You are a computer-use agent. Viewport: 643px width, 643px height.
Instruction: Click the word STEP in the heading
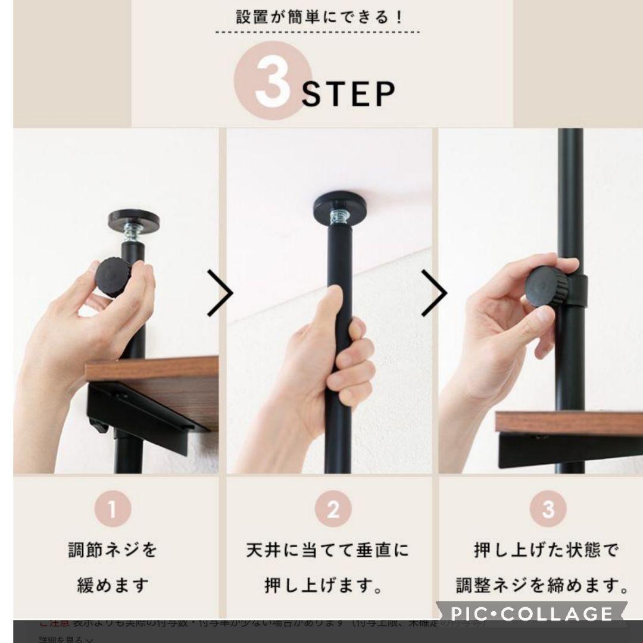coord(348,94)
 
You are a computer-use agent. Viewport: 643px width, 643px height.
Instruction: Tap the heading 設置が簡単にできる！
coord(319,17)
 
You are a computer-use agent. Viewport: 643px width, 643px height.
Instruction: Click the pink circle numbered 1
coord(112,510)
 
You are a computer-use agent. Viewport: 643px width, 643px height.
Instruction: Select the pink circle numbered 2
coord(333,510)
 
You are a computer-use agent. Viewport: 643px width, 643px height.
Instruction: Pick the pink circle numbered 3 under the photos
coord(548,510)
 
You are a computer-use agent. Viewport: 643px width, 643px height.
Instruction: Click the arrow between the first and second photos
coord(220,292)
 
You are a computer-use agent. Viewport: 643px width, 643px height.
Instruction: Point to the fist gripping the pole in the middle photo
coord(328,351)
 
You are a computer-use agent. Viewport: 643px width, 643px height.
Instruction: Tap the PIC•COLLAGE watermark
coord(532,613)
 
